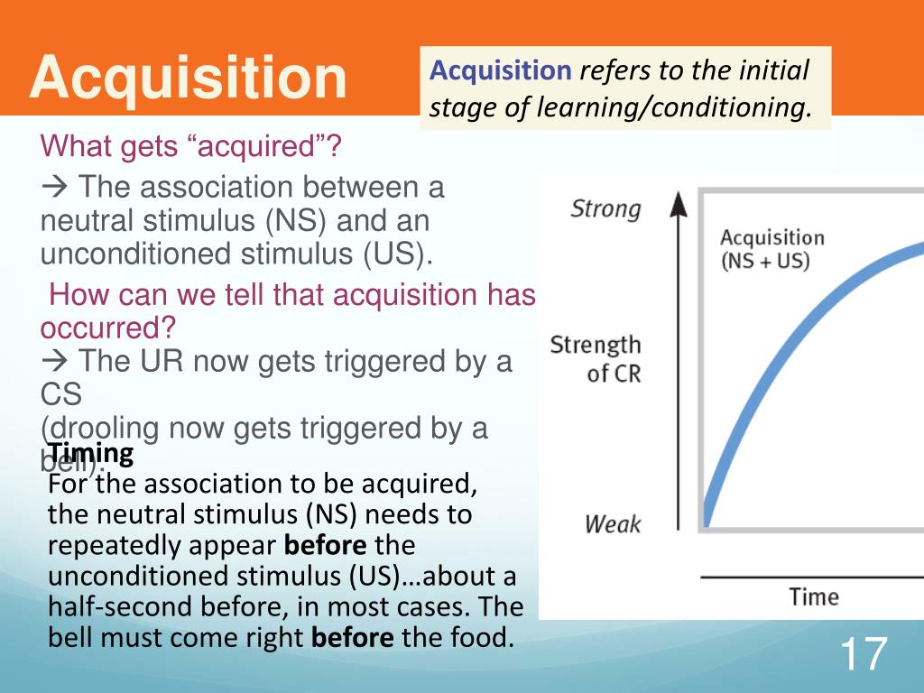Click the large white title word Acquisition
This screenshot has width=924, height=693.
[188, 78]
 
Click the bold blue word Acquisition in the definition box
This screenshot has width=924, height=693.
[501, 70]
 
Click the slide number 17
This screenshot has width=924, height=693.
[863, 654]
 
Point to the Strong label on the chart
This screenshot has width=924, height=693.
[605, 209]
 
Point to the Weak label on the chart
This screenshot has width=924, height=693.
[613, 523]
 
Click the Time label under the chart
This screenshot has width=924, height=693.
[814, 597]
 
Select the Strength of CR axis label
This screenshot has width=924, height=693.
[596, 358]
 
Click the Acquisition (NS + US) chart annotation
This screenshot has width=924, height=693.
[772, 249]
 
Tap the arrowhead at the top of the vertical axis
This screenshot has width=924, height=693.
[679, 203]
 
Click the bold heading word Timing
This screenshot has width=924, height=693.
[91, 452]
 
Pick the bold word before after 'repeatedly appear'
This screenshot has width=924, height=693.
[326, 546]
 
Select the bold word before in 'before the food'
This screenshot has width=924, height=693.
[353, 639]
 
